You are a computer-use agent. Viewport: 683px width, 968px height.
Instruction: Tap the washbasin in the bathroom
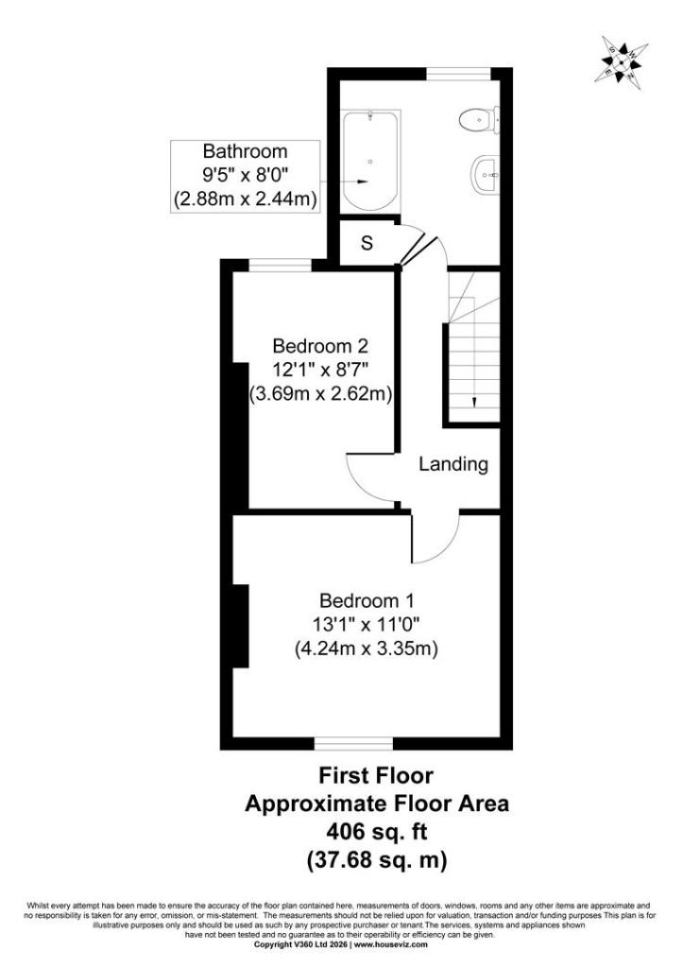486,174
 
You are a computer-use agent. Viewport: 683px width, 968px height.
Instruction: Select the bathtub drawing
369,161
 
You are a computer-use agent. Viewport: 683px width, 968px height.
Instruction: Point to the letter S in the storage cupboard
367,243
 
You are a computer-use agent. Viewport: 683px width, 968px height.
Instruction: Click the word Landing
453,463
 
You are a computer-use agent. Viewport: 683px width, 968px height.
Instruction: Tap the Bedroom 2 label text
320,344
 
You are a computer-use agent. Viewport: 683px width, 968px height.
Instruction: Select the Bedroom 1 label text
367,600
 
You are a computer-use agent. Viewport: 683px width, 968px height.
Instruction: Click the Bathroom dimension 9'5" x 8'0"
246,175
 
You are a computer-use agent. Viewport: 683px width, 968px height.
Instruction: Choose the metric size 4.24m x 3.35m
367,648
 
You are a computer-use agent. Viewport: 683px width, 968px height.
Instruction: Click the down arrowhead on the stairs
474,401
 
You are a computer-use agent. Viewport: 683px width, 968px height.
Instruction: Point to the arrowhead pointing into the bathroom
363,181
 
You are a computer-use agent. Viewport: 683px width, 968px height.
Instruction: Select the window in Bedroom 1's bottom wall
353,743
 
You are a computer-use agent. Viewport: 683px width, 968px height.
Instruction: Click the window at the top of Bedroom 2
281,266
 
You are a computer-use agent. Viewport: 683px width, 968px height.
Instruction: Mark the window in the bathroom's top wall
458,74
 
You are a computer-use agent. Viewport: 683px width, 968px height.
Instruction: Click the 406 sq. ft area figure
376,832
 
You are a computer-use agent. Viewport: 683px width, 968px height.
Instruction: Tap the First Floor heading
376,775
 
